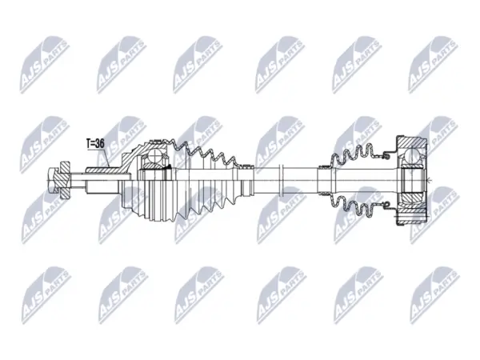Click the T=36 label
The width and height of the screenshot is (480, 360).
click(95, 143)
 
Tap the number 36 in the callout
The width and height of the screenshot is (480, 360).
click(99, 143)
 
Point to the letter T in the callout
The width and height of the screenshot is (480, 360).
click(88, 143)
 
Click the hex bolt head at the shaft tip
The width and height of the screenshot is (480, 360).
click(53, 180)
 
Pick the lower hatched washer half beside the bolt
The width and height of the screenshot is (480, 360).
click(65, 193)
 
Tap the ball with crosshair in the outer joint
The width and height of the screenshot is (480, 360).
click(156, 157)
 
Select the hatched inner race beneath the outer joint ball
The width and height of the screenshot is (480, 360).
click(154, 166)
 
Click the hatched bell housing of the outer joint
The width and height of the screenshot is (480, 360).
click(130, 158)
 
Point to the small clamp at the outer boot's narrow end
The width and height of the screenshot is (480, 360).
click(246, 167)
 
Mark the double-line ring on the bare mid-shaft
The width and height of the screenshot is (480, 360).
click(282, 180)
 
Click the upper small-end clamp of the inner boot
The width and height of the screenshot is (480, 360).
click(325, 167)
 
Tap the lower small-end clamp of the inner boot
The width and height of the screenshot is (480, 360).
click(325, 193)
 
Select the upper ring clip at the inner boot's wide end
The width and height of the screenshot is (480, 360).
click(386, 156)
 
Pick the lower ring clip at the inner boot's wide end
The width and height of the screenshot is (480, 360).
click(386, 204)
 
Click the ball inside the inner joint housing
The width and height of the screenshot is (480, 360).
click(411, 157)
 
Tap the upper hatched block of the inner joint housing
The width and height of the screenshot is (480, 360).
click(412, 143)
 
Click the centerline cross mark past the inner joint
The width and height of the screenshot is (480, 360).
click(430, 180)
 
